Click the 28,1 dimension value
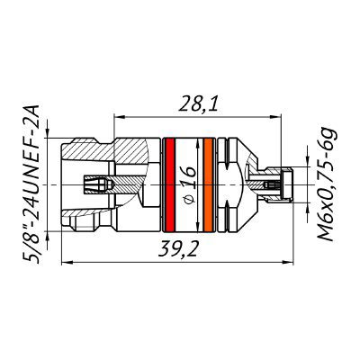197,103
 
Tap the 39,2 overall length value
178,248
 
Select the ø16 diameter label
188,184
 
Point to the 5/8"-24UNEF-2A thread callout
31,184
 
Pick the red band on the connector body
169,184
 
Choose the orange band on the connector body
208,184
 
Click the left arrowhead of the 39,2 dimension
67,263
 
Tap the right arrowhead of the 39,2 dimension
287,263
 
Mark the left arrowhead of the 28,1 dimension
120,117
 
